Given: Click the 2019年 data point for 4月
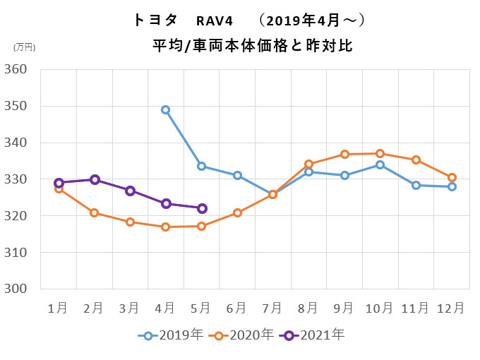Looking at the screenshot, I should point(166,109).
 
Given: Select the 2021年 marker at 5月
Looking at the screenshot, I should point(202,208).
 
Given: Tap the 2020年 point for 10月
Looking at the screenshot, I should point(380,153).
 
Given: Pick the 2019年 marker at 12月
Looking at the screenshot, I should point(452,186).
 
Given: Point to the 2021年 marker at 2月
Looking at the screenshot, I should point(95,179).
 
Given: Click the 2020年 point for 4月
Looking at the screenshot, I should point(166,227).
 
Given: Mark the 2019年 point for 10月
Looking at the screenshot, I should point(380,164).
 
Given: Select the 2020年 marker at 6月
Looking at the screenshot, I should point(237,212).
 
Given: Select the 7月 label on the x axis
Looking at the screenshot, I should point(272,308).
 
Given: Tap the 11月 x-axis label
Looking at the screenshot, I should point(415,308).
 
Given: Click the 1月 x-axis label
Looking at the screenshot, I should point(58,308).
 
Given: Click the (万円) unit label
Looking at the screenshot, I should point(24,47).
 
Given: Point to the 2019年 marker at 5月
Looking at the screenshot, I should point(202,166).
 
